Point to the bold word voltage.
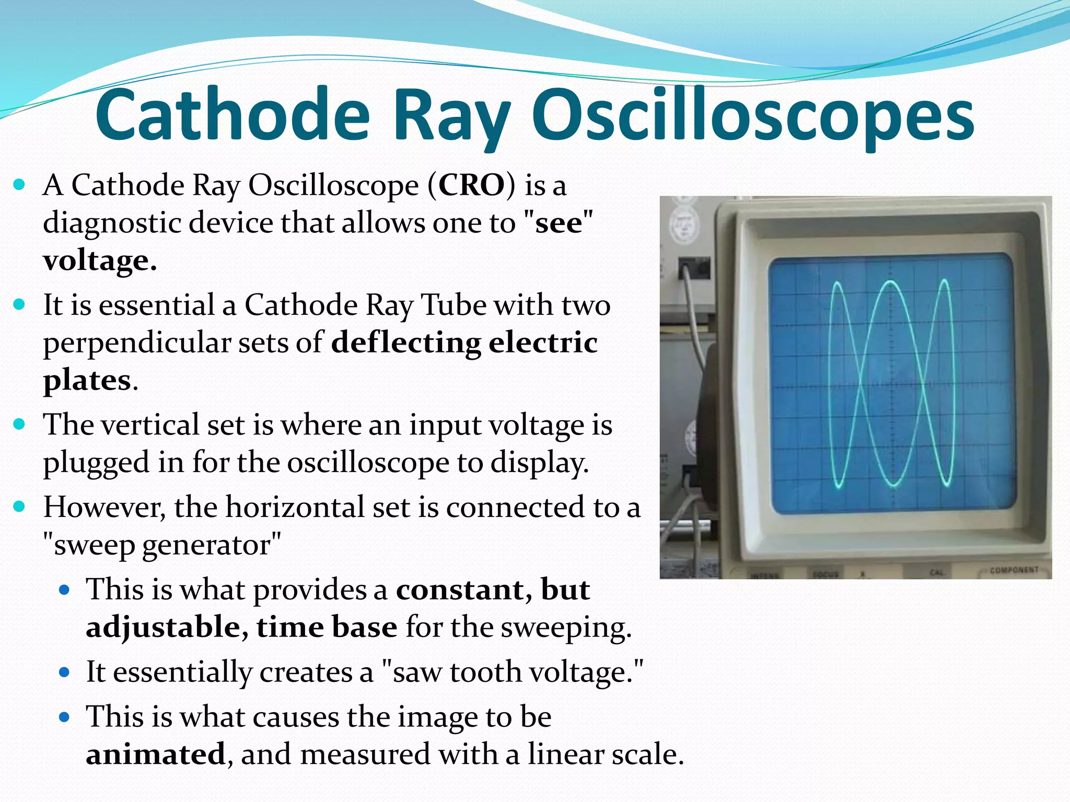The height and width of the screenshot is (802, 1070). [99, 261]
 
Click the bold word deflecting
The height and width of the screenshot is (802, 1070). [405, 343]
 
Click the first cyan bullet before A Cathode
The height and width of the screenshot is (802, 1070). [19, 185]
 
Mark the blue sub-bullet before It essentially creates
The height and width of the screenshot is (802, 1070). [64, 672]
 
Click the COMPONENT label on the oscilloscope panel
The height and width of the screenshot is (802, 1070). [1014, 570]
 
